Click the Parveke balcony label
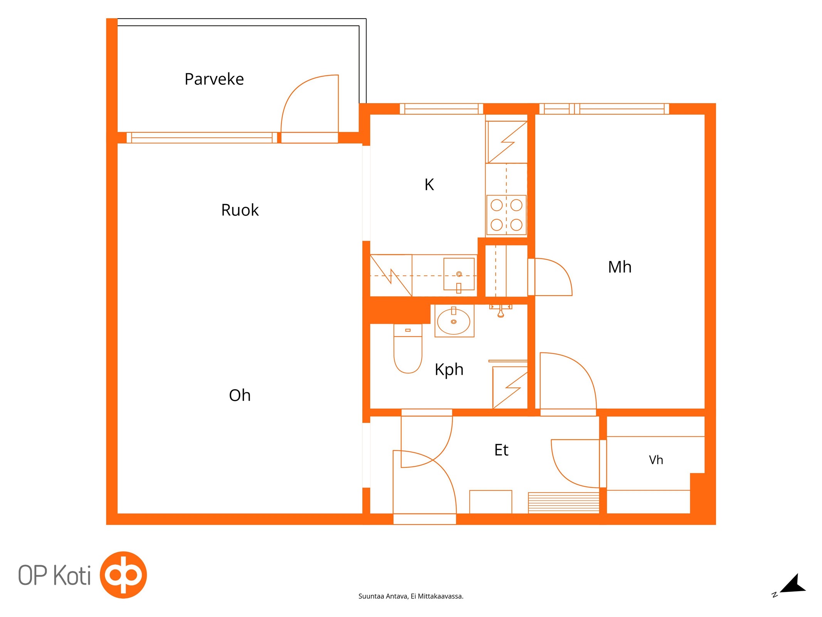(x=214, y=79)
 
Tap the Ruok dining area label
(x=240, y=210)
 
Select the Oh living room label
(x=240, y=395)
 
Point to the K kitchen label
(x=429, y=185)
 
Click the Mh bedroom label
(x=620, y=267)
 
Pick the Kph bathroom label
(x=449, y=370)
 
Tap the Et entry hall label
(x=501, y=450)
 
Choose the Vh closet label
(x=656, y=460)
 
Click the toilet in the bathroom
(x=408, y=349)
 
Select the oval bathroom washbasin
(x=454, y=321)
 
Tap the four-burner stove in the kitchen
(x=506, y=215)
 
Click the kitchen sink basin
(x=459, y=274)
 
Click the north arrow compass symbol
(x=793, y=584)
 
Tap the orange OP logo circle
(x=123, y=575)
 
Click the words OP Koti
(x=54, y=575)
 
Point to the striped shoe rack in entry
(x=563, y=502)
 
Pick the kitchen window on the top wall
(x=441, y=109)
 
